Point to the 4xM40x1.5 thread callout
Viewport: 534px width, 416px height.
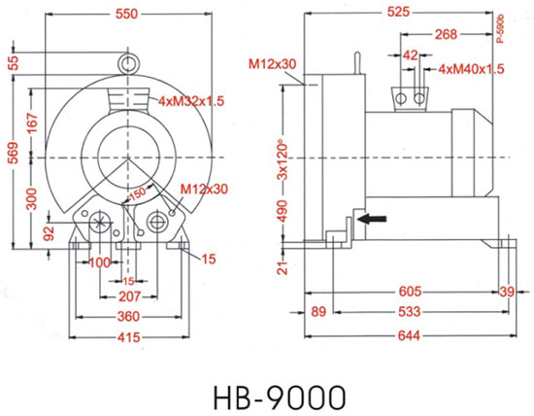tap(471, 70)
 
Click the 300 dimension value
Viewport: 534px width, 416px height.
tap(32, 198)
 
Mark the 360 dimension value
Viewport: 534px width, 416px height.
tap(130, 317)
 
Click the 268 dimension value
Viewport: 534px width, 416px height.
tap(446, 34)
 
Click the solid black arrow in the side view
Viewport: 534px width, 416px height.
tap(368, 221)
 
